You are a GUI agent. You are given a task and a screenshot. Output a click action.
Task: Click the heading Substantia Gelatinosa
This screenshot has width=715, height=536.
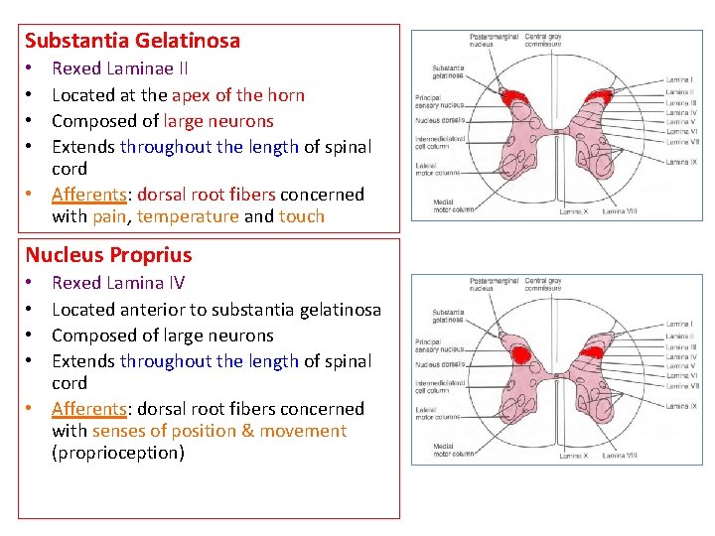(132, 41)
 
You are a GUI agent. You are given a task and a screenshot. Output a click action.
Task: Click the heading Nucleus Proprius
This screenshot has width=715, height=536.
(108, 255)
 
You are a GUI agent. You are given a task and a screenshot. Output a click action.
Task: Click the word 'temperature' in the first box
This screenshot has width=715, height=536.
(189, 216)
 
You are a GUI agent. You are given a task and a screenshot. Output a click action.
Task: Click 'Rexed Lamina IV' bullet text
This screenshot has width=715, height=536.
(118, 284)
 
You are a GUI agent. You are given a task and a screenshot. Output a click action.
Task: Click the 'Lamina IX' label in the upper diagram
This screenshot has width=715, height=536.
(681, 162)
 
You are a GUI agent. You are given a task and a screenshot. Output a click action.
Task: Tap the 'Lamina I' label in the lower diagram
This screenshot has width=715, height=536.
(679, 325)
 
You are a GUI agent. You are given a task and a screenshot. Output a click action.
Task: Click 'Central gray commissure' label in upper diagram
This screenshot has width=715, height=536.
(543, 42)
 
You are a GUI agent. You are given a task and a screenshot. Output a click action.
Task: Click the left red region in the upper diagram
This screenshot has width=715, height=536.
(514, 99)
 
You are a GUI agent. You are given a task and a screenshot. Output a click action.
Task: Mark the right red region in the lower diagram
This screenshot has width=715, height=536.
(594, 351)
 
